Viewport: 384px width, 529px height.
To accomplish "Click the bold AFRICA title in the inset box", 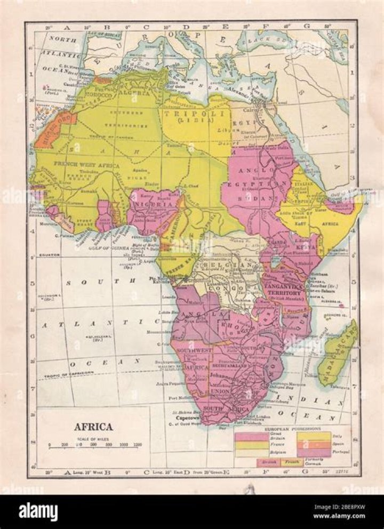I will pyautogui.click(x=93, y=427).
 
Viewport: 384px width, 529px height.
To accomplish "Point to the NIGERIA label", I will pyautogui.click(x=154, y=204).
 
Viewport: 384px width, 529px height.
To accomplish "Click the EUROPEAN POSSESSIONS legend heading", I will pyautogui.click(x=293, y=428).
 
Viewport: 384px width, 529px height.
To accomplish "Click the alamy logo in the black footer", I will pyautogui.click(x=38, y=511).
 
